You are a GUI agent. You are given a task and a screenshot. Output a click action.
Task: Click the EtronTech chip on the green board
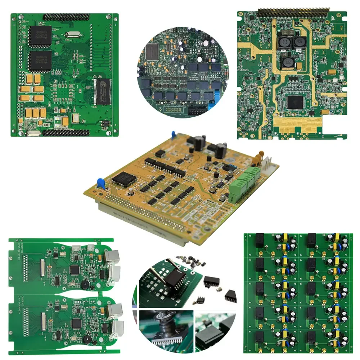tap(102, 91)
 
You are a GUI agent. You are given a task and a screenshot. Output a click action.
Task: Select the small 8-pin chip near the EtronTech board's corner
tap(105, 123)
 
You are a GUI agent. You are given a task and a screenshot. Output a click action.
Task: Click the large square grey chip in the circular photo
tap(152, 51)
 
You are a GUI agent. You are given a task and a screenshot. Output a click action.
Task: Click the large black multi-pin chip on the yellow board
tap(124, 179)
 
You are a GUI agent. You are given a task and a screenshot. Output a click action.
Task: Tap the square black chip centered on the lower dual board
tap(76, 323)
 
